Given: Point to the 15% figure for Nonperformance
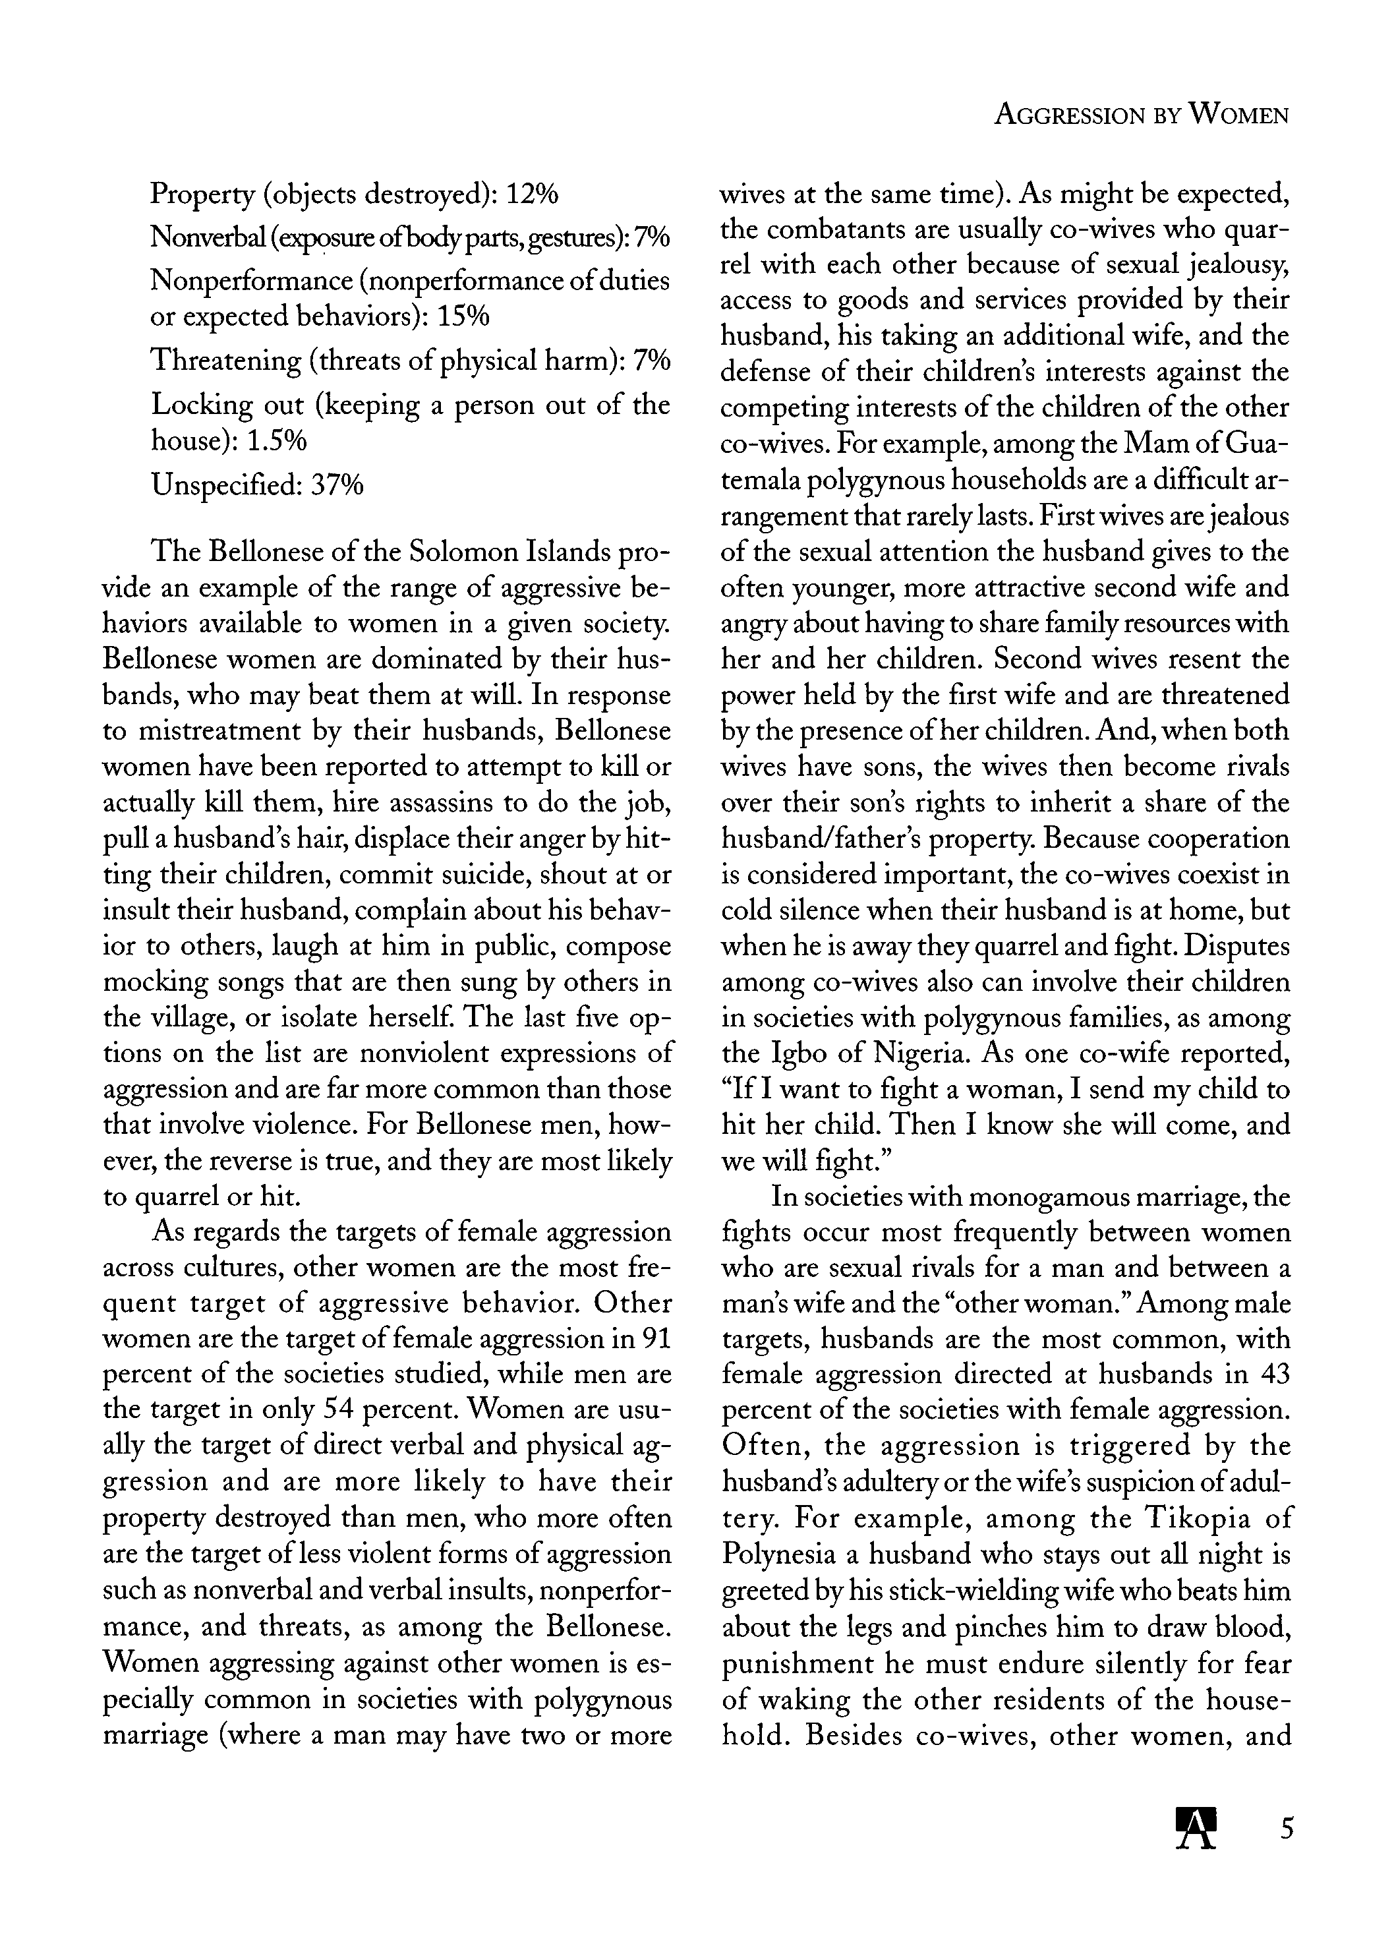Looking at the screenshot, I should pos(463,316).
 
